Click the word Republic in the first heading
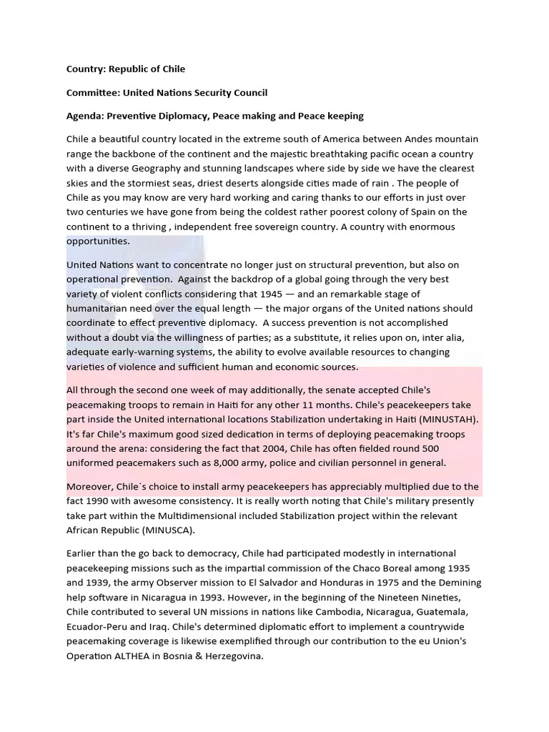(125, 69)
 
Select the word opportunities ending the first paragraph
(97, 241)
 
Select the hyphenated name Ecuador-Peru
(97, 626)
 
